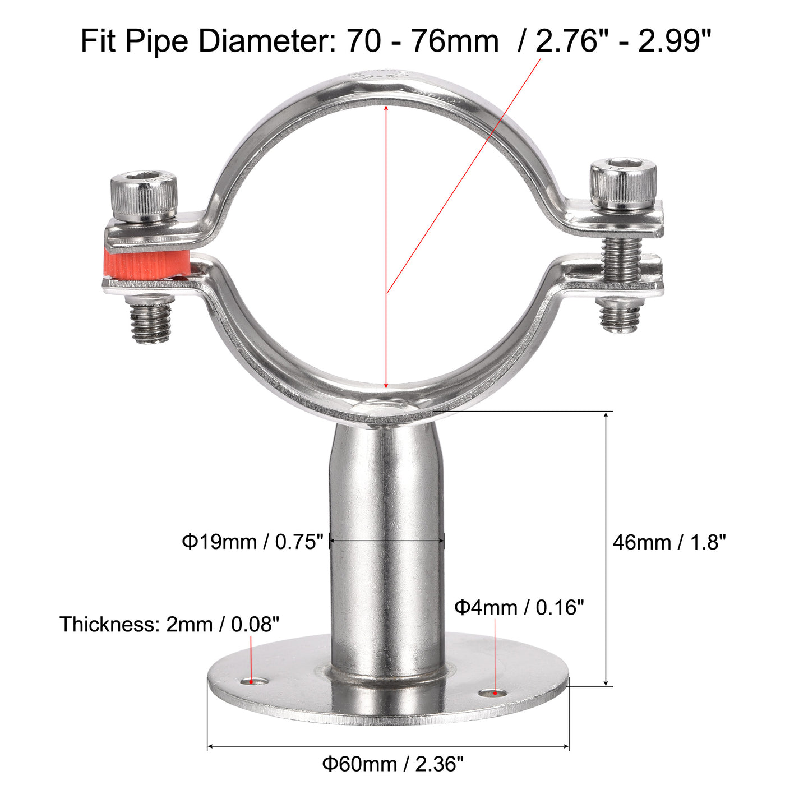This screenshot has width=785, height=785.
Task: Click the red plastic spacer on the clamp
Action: (x=147, y=264)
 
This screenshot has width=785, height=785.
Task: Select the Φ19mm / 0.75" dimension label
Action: (x=253, y=542)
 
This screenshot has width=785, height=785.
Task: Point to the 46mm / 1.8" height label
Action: (x=669, y=542)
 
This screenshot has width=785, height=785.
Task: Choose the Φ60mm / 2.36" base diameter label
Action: (x=392, y=764)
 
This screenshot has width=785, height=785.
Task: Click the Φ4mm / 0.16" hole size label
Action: (x=519, y=607)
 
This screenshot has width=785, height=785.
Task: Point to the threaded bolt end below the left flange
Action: (x=150, y=322)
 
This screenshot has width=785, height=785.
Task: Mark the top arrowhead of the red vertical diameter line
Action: (x=386, y=108)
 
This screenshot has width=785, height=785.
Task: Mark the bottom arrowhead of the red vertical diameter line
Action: (x=386, y=385)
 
